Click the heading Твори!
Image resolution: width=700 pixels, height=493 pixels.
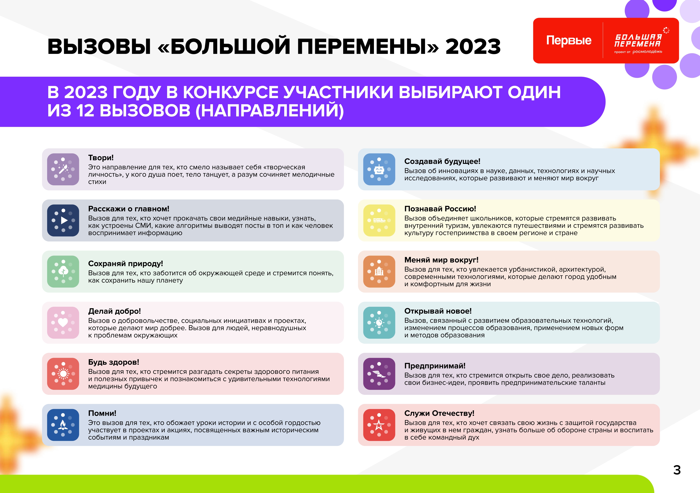(101, 158)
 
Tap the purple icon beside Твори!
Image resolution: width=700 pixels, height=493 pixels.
(63, 169)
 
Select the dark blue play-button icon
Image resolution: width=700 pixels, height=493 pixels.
(63, 220)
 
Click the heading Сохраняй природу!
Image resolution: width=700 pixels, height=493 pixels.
(125, 264)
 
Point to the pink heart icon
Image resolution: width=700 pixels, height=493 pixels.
(63, 323)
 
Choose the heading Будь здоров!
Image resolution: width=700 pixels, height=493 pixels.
(113, 362)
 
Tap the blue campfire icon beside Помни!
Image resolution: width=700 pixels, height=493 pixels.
(63, 425)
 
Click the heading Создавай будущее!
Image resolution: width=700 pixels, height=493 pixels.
(442, 161)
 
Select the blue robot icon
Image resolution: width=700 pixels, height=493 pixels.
(379, 169)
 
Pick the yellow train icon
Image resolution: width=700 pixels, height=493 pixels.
(379, 220)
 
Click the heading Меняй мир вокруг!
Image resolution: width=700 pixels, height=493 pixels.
(441, 260)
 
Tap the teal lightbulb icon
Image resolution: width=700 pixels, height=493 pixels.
(379, 323)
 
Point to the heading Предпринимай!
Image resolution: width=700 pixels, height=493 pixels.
(435, 366)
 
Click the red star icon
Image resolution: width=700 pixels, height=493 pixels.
(379, 425)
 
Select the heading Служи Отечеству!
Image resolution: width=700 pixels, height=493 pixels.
(439, 413)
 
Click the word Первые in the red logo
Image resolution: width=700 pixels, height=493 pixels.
(569, 40)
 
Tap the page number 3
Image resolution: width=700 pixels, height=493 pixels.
(677, 470)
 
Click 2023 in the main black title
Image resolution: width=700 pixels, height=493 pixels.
(473, 47)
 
